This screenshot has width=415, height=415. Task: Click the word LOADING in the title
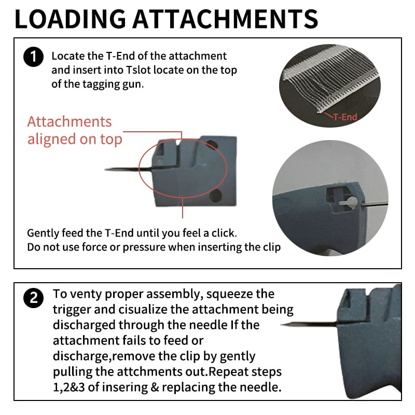[71, 19]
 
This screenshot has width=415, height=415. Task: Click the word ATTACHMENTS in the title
[225, 19]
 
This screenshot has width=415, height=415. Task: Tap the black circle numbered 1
[33, 57]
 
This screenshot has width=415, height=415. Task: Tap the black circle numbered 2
[33, 298]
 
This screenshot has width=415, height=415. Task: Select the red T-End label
[345, 117]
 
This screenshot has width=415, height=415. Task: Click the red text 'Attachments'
[70, 122]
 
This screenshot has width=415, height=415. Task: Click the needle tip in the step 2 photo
[281, 325]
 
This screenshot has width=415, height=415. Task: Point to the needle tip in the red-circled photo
[105, 169]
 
